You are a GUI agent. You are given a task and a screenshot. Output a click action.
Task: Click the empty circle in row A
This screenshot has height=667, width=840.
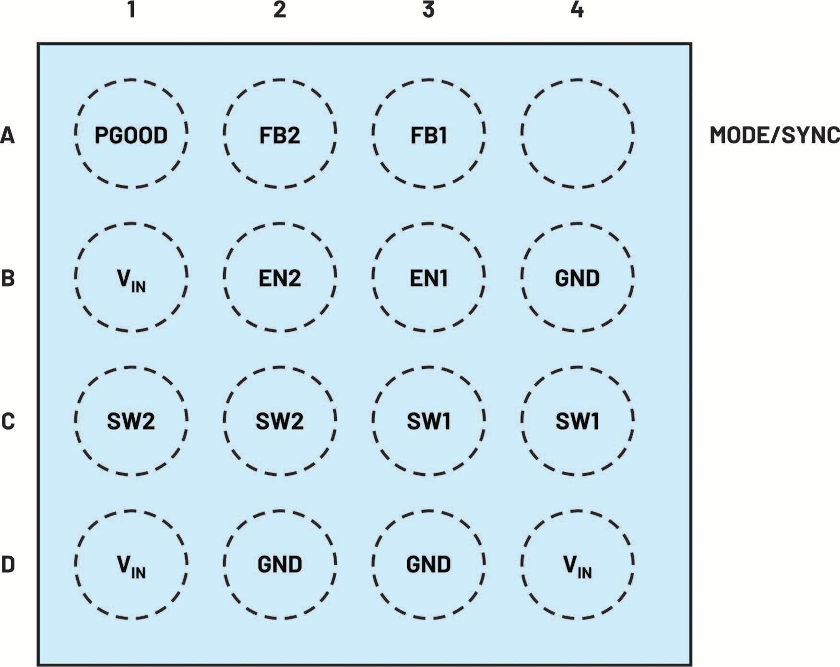tap(577, 134)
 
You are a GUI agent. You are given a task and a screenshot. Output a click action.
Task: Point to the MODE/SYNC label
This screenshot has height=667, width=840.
tap(774, 135)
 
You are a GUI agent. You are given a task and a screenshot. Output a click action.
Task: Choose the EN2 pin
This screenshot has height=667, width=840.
tap(280, 277)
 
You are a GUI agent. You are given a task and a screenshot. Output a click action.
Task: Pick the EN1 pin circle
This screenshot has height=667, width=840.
tap(428, 277)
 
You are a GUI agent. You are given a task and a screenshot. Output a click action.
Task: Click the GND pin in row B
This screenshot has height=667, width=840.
tap(577, 277)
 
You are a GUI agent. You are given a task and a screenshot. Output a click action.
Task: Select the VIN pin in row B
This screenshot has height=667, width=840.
tap(131, 277)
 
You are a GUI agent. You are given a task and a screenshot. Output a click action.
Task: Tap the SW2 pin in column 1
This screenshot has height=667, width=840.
tap(131, 421)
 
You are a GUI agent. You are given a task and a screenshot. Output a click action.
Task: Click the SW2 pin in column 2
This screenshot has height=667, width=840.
tap(280, 421)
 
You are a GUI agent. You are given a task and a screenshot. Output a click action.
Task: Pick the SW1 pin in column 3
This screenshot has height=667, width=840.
tap(428, 421)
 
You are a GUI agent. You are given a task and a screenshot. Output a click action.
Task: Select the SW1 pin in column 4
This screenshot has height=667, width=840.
tap(577, 421)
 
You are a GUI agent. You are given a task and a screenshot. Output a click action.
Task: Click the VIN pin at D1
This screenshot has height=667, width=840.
tap(131, 564)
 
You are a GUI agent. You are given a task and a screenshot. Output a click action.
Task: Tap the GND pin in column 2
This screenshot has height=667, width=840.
tap(280, 564)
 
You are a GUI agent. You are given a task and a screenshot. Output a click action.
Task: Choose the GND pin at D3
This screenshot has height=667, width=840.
tap(428, 564)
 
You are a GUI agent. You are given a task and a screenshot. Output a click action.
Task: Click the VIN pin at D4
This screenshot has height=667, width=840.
tap(577, 564)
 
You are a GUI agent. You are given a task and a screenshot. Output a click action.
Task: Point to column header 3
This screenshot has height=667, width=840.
tap(428, 10)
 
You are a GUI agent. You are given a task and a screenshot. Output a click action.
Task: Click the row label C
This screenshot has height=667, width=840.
tap(8, 421)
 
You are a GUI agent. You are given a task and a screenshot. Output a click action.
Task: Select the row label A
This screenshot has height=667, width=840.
tap(8, 135)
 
